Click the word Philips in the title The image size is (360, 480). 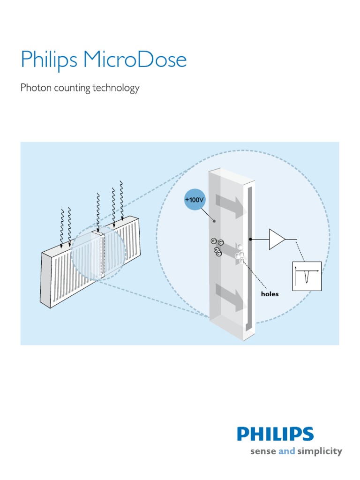click(49, 60)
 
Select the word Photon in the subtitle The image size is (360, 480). click(35, 88)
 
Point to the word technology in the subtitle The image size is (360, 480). click(118, 88)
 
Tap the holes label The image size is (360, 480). click(270, 294)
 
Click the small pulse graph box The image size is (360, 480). click(307, 276)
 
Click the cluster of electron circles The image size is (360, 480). click(217, 247)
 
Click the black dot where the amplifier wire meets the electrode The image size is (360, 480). click(251, 239)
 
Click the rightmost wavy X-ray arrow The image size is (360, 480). click(122, 199)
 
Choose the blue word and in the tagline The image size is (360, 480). click(286, 451)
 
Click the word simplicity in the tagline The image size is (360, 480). click(320, 451)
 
